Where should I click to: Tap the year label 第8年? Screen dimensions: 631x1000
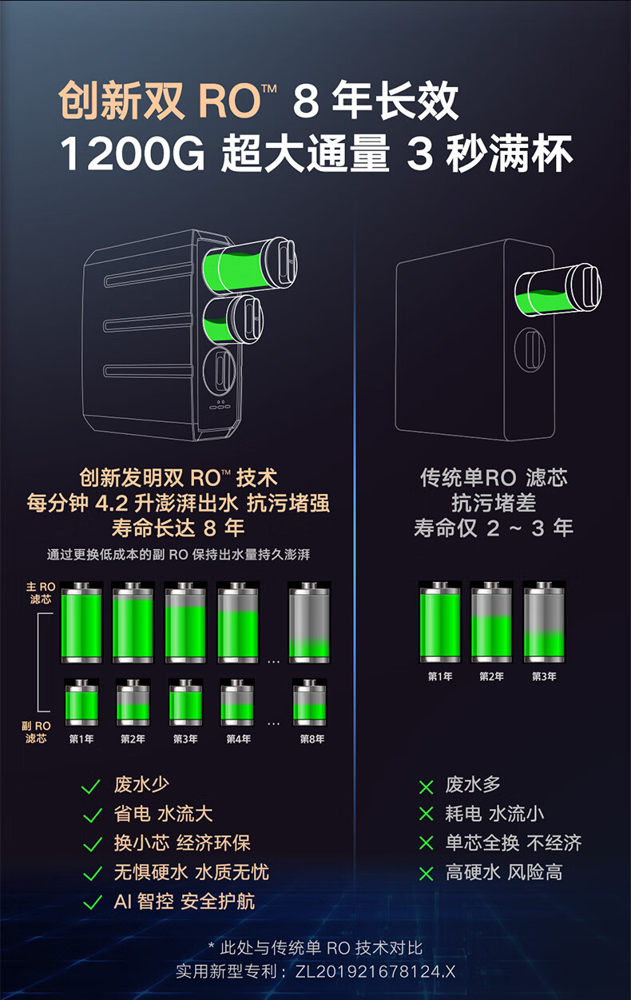(x=312, y=739)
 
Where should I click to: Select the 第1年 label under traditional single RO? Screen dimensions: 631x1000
(x=439, y=677)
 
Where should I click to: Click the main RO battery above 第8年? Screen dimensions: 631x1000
(x=309, y=623)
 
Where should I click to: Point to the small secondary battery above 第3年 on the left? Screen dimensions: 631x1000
(x=185, y=703)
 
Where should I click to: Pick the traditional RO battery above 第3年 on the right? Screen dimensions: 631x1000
(x=544, y=622)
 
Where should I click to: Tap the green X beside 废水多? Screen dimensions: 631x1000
(x=426, y=787)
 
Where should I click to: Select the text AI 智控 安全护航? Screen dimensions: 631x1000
(x=185, y=902)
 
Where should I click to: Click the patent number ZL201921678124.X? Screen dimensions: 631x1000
(x=375, y=972)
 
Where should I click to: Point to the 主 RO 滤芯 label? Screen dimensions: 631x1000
(x=41, y=593)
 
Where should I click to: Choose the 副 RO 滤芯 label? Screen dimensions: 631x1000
(x=37, y=732)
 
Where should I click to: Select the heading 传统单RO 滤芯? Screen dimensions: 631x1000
(x=494, y=478)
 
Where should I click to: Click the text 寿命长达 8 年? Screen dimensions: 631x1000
(x=177, y=528)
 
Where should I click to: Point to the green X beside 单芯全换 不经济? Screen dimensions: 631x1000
(x=426, y=844)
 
